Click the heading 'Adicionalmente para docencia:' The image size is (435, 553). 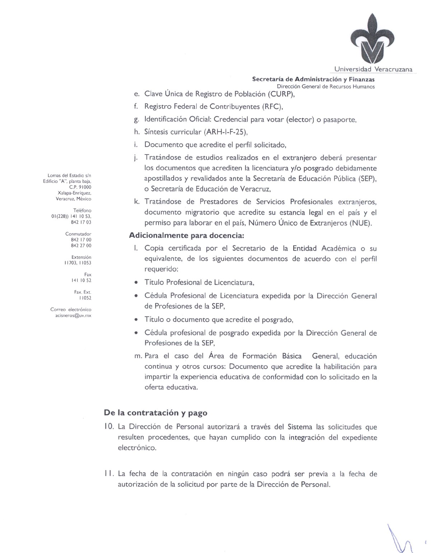(187, 236)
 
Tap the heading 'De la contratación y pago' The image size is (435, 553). (155, 412)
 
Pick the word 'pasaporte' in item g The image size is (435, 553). (339, 119)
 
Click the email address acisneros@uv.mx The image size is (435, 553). (71, 315)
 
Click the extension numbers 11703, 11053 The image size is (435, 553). (78, 263)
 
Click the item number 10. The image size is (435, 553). (109, 427)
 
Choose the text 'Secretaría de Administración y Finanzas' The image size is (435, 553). (313, 79)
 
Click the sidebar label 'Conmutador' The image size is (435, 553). (78, 234)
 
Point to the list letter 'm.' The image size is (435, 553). (138, 356)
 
